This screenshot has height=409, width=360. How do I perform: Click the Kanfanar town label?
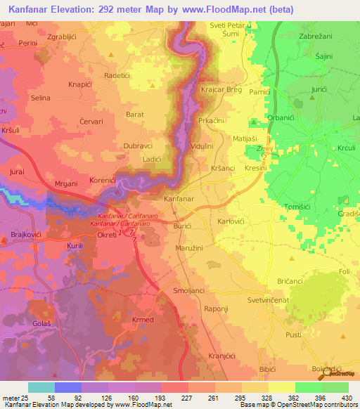(179, 200)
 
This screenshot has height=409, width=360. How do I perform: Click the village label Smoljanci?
(188, 290)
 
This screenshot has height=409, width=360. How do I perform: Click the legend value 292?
(242, 398)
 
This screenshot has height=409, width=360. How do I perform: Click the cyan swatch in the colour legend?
(41, 387)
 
